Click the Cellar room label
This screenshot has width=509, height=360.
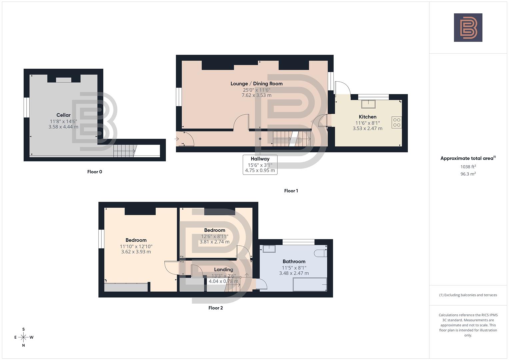tap(63, 115)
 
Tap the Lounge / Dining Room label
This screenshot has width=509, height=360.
tap(256, 84)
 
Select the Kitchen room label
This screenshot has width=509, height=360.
tap(367, 117)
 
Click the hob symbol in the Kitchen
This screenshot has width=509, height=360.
tap(397, 122)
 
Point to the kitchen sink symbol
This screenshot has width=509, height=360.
tap(368, 104)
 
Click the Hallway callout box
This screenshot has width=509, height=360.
tap(260, 164)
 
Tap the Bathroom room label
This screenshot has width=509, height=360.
tap(294, 261)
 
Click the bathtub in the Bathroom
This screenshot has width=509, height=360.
tap(310, 284)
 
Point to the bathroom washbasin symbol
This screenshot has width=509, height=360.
tap(269, 249)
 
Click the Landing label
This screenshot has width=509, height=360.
tap(223, 269)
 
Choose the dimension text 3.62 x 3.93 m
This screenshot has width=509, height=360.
tap(136, 252)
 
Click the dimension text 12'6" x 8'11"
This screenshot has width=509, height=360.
tap(214, 236)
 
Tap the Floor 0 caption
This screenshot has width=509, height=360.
tap(95, 172)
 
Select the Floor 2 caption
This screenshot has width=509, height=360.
tap(215, 308)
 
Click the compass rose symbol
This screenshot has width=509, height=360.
tap(23, 337)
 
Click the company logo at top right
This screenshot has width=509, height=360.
tap(468, 27)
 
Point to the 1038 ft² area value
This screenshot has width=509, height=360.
tap(468, 167)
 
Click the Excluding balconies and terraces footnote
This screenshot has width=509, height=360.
tap(468, 295)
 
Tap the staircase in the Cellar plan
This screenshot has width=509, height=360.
tap(124, 151)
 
